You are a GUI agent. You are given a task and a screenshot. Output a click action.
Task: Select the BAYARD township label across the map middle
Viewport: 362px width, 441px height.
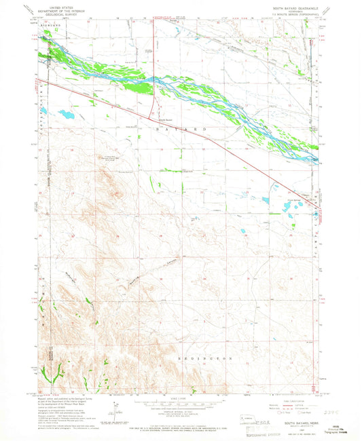coord(179,128)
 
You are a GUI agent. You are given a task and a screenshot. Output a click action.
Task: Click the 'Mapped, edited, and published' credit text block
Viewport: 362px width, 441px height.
coord(61,410)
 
